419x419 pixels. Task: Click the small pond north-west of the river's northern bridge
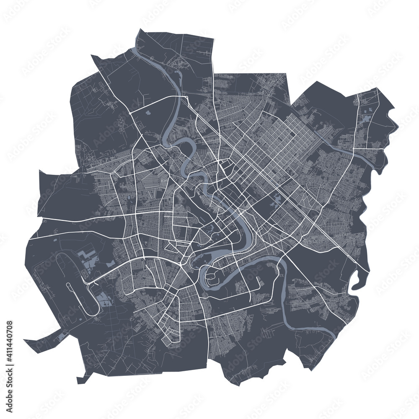(148, 112)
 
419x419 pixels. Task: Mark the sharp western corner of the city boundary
(39, 171)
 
